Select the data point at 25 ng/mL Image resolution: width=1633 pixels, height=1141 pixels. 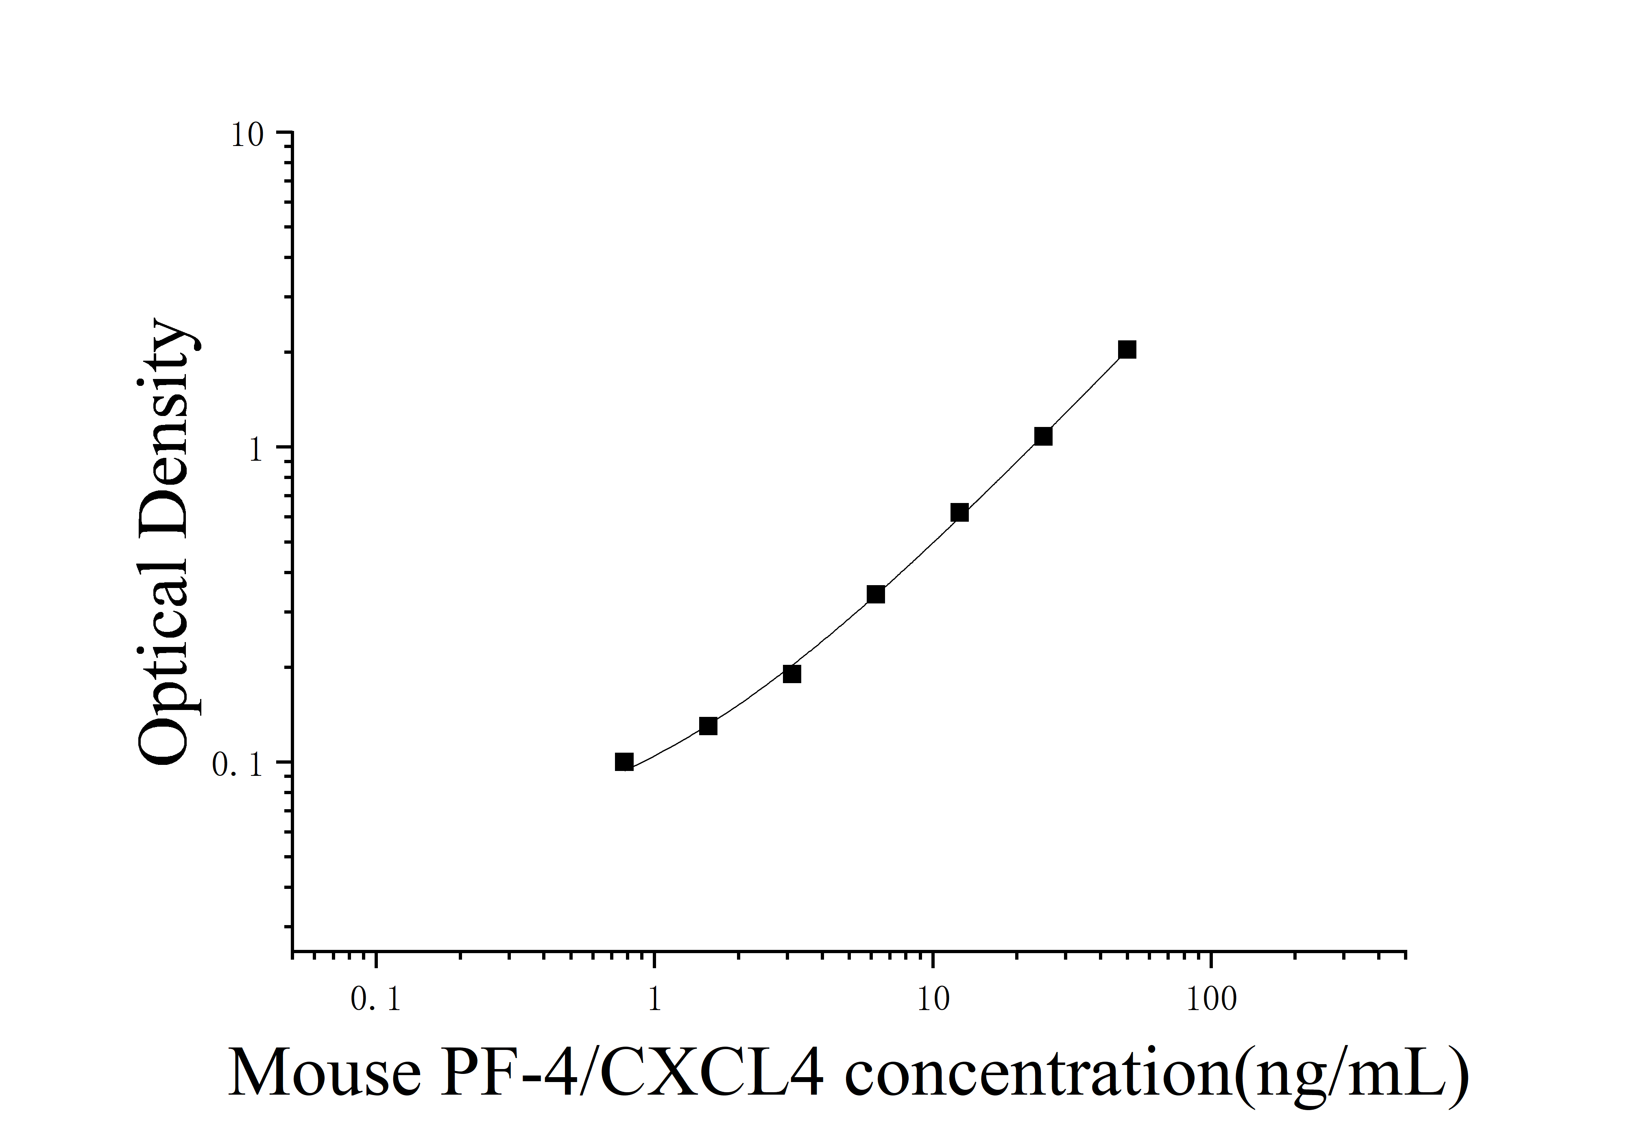click(1043, 436)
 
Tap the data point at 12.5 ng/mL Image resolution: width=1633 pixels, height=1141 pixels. click(959, 513)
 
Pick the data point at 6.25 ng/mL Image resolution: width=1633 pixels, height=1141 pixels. click(876, 594)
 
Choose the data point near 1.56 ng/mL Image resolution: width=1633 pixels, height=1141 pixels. click(709, 726)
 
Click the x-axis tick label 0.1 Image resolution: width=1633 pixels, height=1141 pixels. click(375, 999)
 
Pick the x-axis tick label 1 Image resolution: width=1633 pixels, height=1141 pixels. click(654, 999)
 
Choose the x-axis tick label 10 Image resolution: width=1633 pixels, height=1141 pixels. click(933, 999)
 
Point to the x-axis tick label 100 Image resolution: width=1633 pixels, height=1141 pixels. click(1211, 999)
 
